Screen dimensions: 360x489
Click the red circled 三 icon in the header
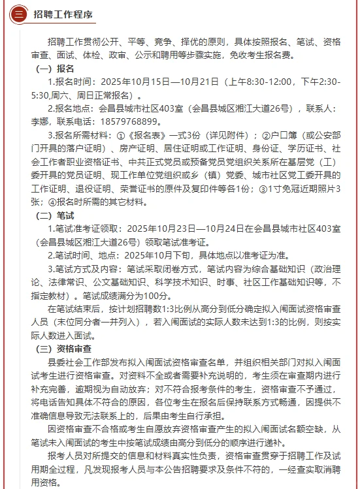click(19, 14)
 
